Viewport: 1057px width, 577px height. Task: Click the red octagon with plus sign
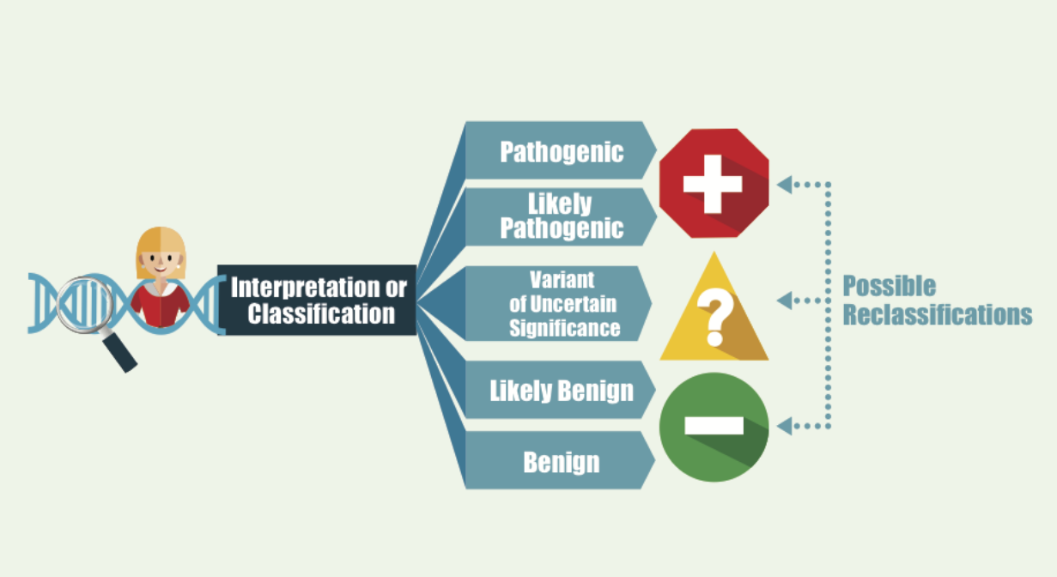714,183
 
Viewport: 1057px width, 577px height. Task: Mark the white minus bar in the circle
714,425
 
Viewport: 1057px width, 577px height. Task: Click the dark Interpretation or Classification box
317,300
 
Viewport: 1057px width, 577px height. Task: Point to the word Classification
321,313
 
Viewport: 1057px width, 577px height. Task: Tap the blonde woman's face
161,258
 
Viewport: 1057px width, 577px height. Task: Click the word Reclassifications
937,314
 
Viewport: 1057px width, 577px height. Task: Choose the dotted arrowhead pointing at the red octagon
783,184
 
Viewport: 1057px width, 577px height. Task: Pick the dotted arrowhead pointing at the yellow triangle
783,301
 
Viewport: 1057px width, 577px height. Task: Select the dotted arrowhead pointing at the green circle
783,424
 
